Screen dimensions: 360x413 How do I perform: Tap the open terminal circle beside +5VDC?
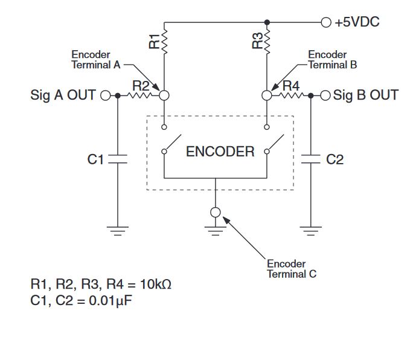pos(327,22)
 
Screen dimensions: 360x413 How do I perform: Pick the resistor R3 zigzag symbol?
pos(267,41)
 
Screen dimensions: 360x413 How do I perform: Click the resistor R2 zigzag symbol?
pos(141,95)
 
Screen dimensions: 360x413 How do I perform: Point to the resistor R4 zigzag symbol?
pos(290,95)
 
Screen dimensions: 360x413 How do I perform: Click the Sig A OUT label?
pos(63,95)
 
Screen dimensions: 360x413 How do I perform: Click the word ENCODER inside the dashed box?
pos(220,152)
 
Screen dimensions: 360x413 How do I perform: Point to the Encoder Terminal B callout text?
pos(328,60)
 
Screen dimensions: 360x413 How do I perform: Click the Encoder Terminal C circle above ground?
pos(216,212)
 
